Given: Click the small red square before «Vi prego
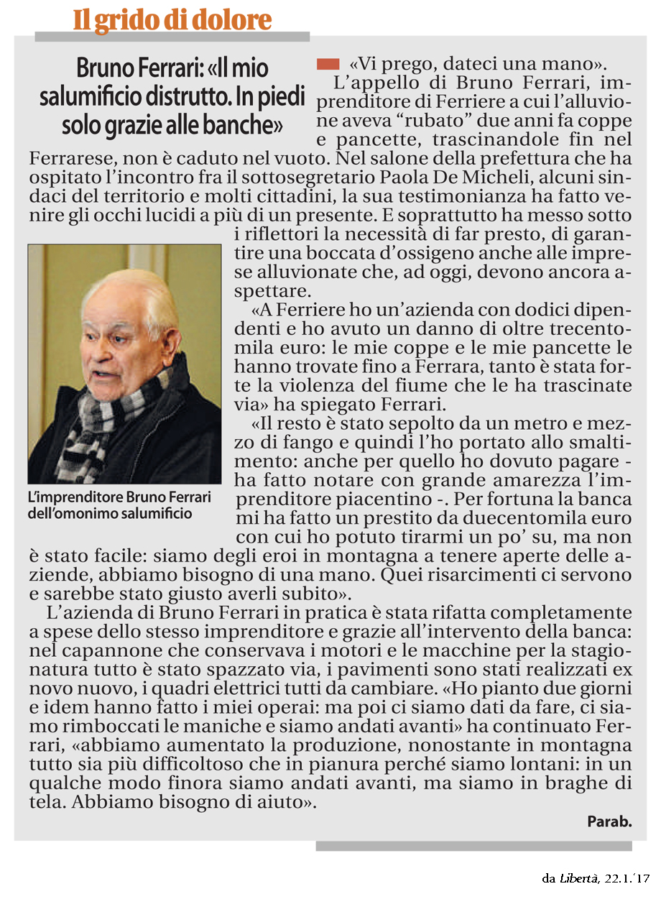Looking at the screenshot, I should (327, 64).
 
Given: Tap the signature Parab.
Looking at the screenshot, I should (609, 821).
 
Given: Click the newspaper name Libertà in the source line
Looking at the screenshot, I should (578, 878).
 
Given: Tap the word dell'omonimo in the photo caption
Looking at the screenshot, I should (65, 513).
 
